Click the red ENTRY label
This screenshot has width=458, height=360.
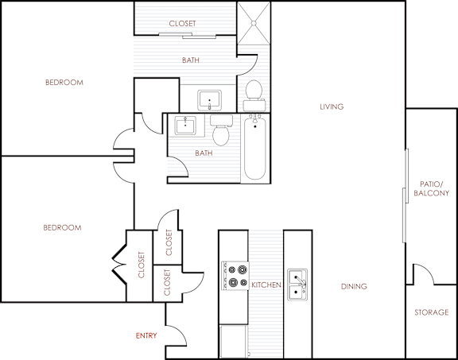[x=146, y=335]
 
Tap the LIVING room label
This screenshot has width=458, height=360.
[x=331, y=106]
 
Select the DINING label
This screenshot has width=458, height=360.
[x=353, y=287]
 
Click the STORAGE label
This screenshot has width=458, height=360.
[x=431, y=312]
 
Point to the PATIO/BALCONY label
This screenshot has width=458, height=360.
[x=432, y=188]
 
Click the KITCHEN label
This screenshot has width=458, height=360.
[x=266, y=284]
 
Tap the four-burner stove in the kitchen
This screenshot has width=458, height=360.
[x=235, y=275]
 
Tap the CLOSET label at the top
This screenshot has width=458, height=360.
[x=182, y=24]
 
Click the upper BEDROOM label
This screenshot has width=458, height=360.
[x=64, y=82]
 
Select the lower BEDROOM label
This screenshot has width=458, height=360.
[x=62, y=227]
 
